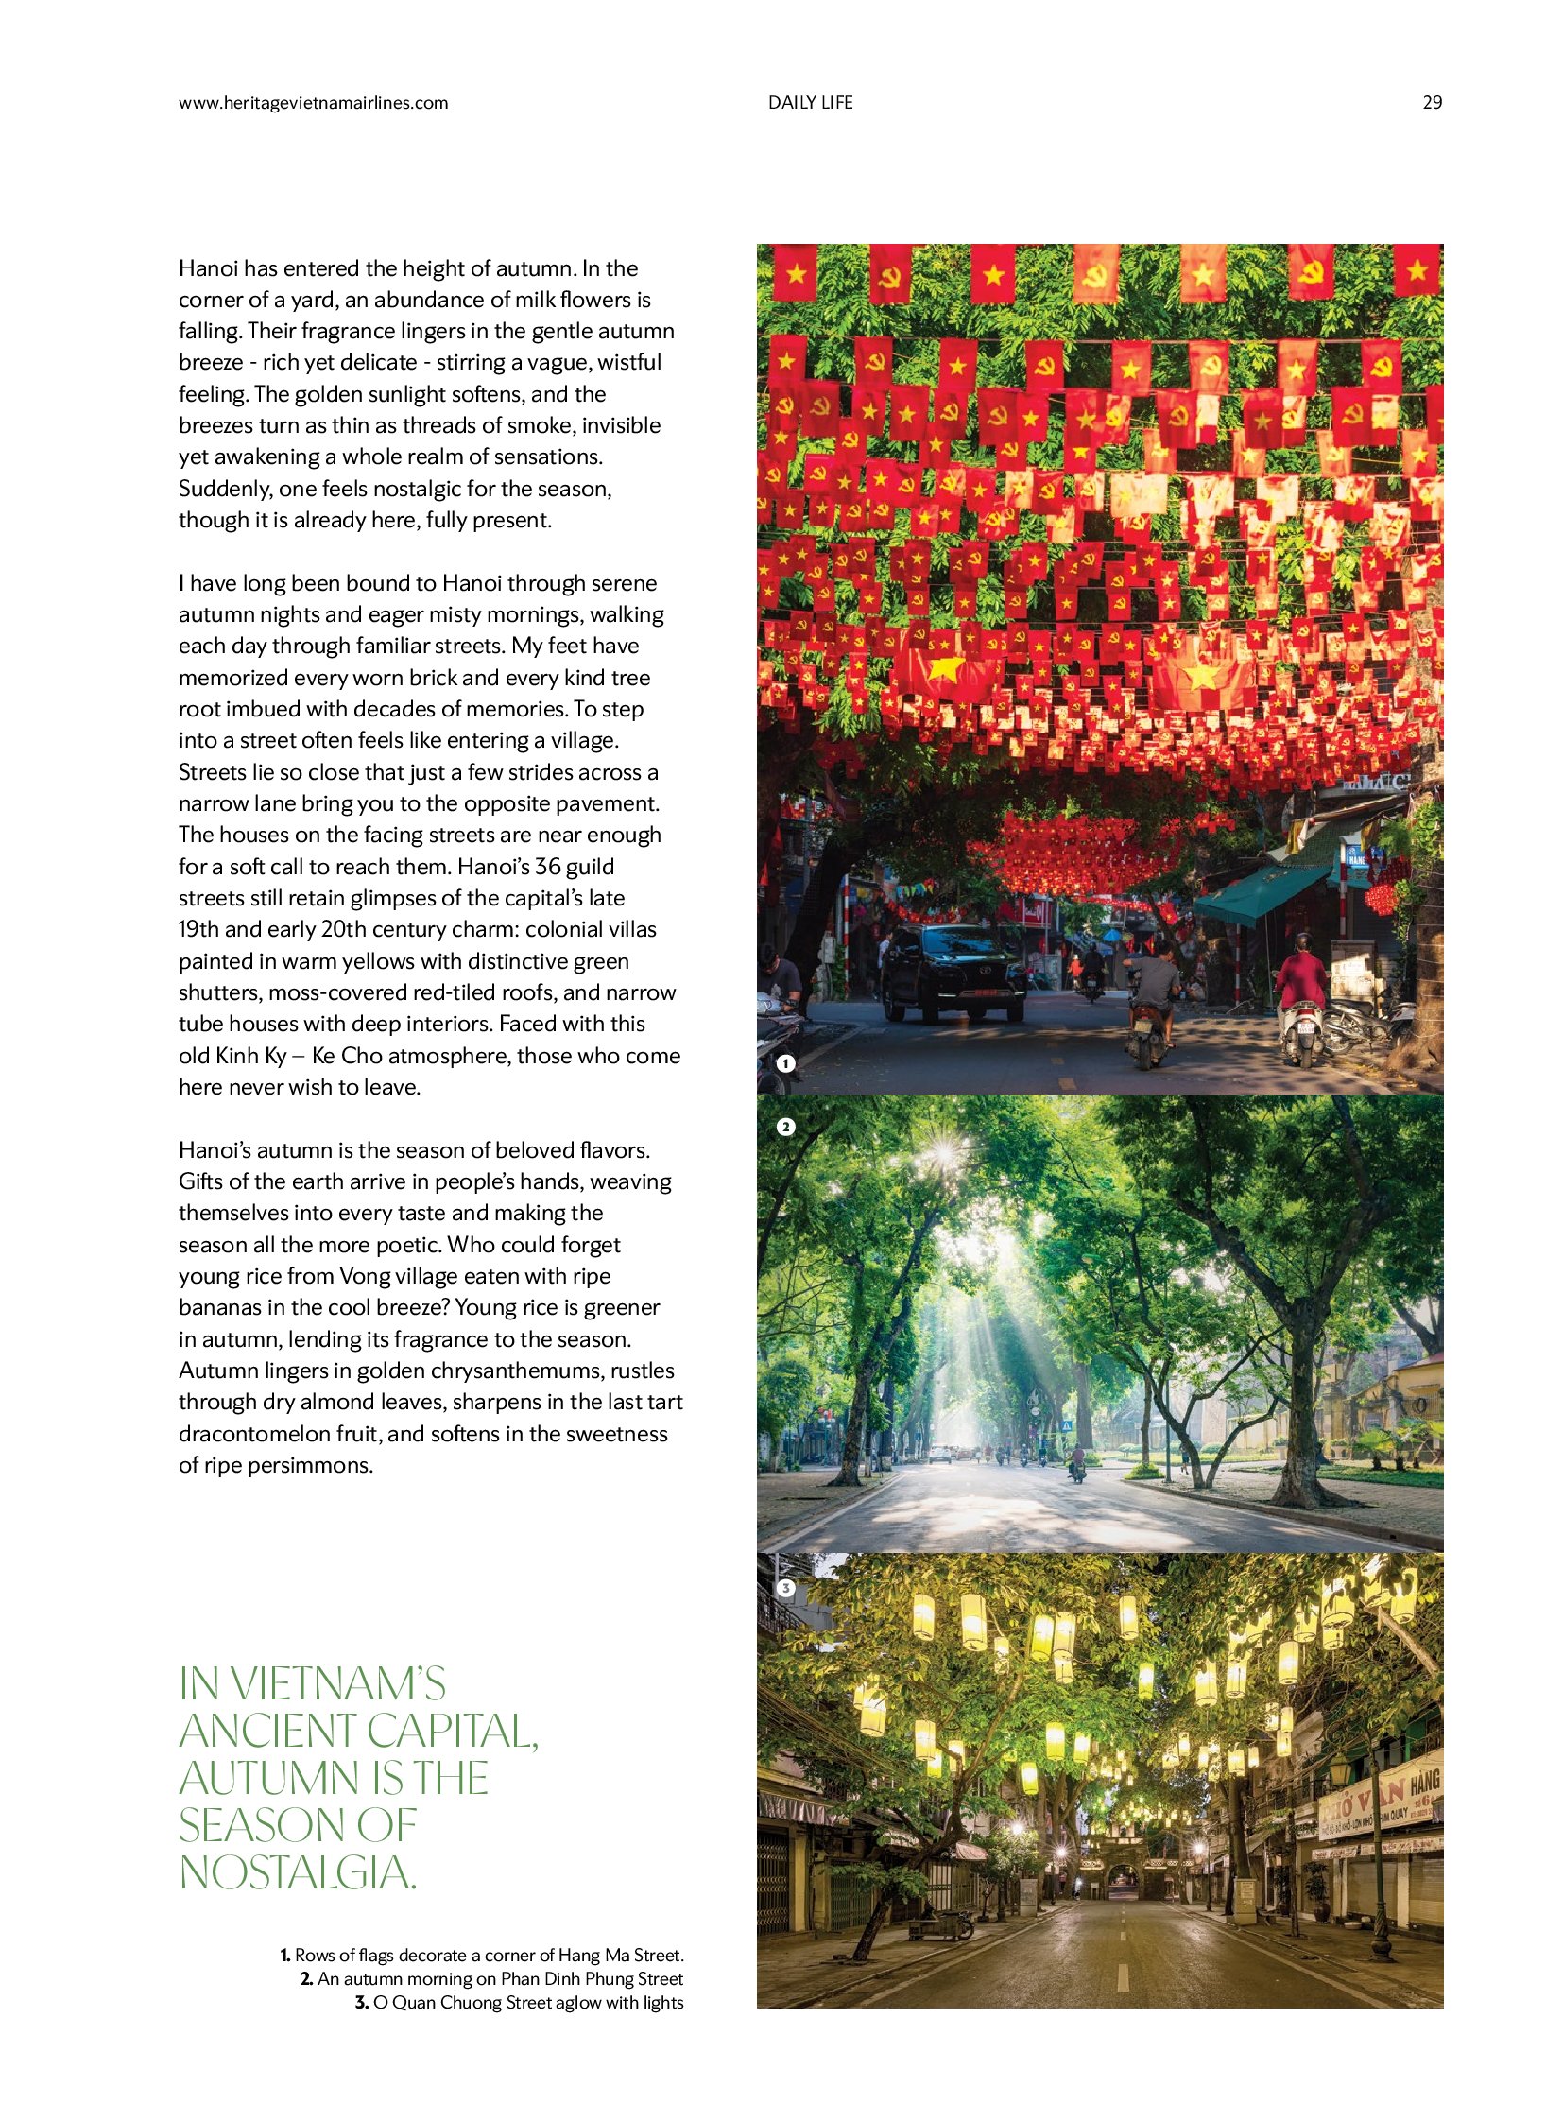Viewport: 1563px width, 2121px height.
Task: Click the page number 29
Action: point(1432,103)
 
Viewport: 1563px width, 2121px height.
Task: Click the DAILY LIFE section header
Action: point(810,103)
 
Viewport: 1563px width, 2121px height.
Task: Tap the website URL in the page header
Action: point(313,103)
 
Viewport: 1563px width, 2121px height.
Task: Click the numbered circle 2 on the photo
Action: point(785,1128)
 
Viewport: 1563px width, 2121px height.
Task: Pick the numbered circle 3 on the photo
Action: point(785,1589)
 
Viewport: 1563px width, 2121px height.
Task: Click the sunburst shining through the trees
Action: point(944,1152)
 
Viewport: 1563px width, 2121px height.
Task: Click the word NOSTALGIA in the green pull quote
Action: point(297,1873)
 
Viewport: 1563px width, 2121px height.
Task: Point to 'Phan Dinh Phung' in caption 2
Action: point(559,1979)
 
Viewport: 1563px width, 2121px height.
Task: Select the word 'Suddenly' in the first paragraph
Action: point(223,489)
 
